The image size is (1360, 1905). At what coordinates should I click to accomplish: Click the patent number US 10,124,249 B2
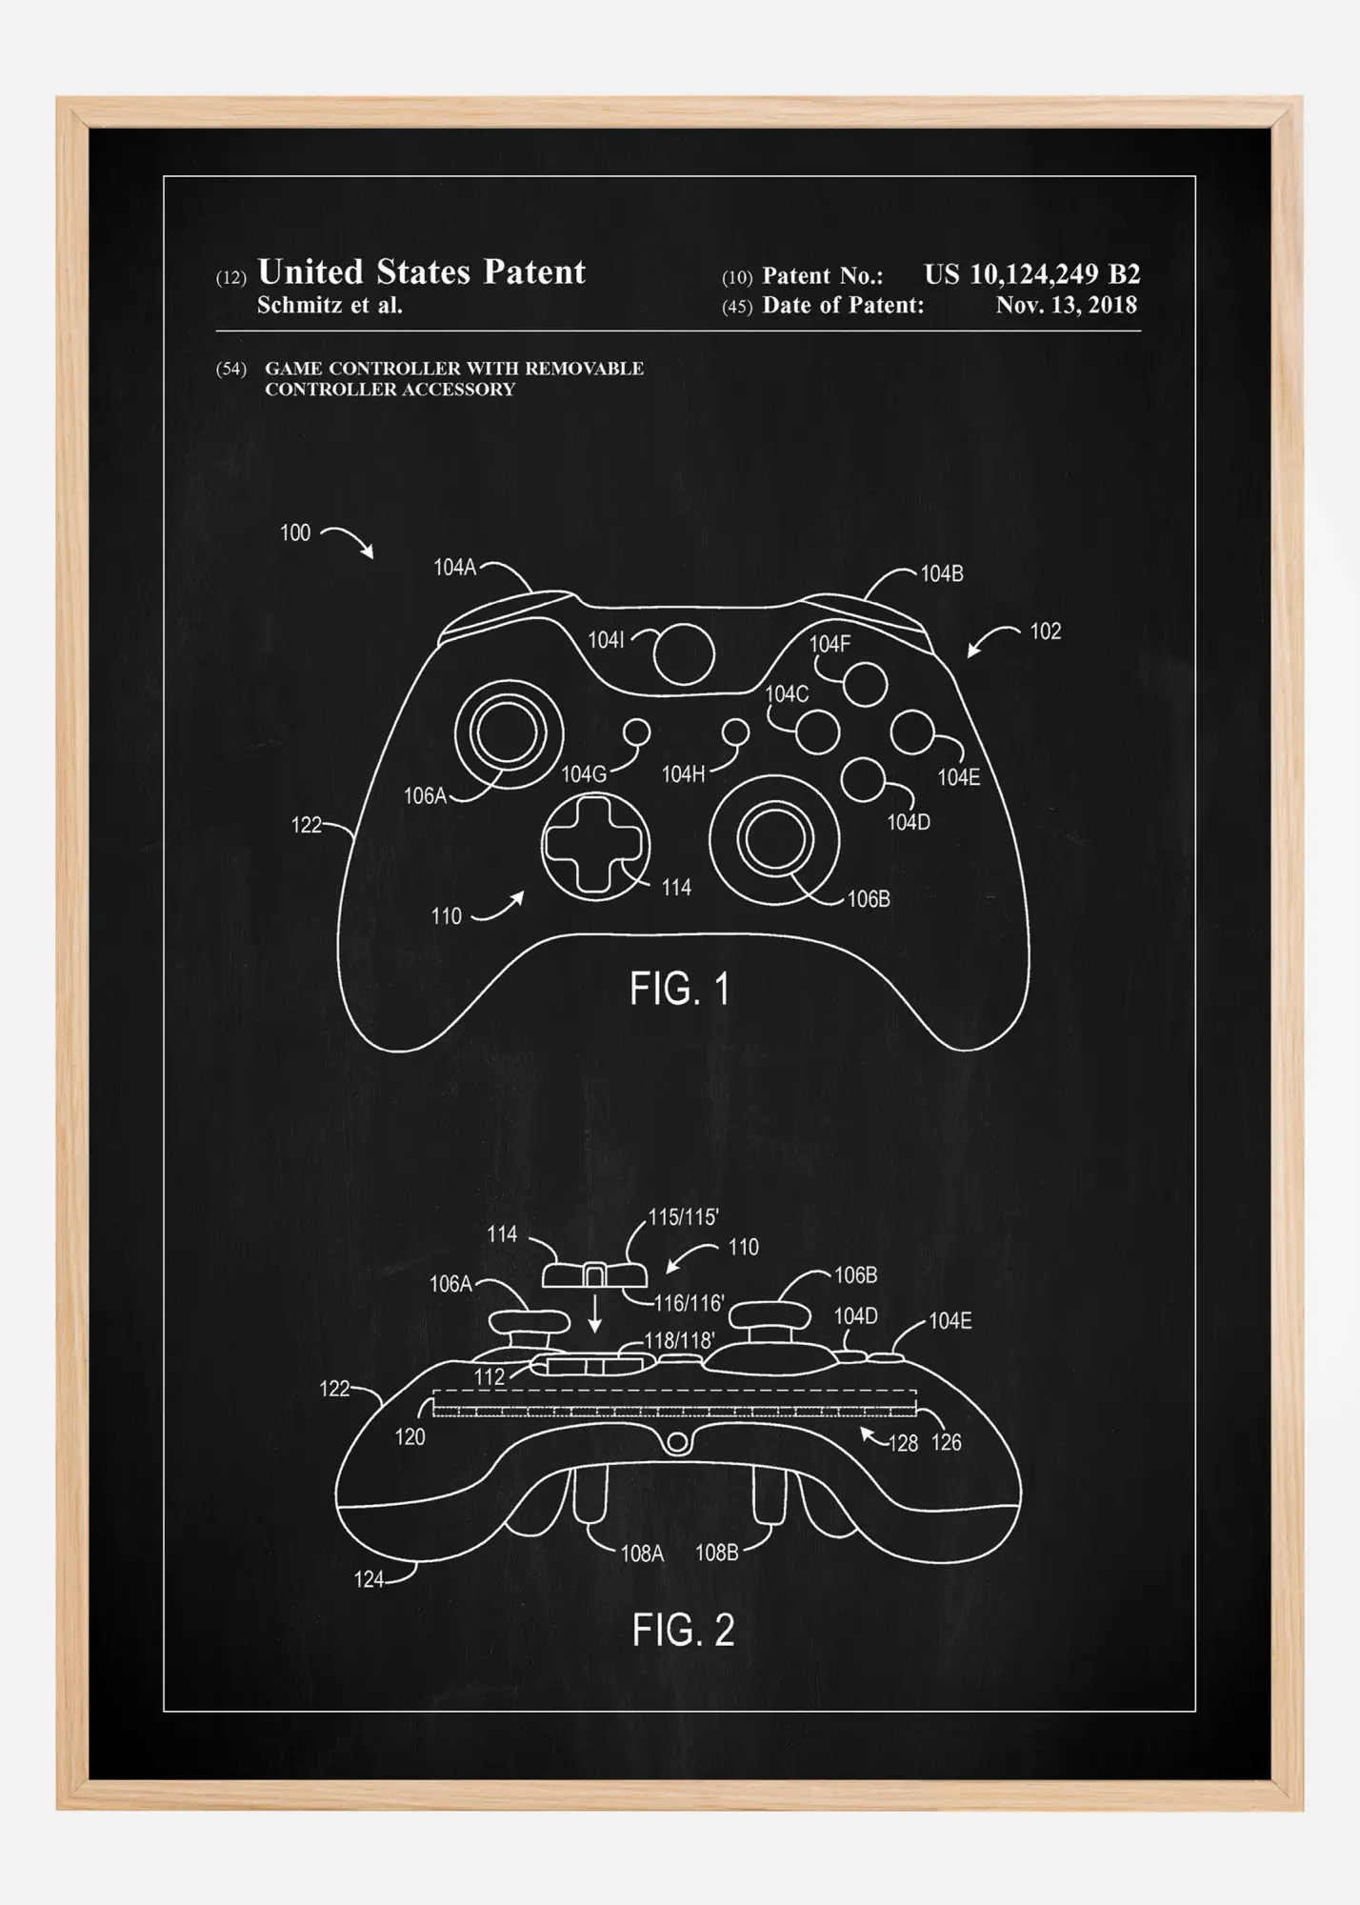(x=1032, y=274)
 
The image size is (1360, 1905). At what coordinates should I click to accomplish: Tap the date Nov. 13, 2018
(x=1067, y=305)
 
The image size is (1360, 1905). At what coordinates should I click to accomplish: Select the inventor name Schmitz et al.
(x=330, y=306)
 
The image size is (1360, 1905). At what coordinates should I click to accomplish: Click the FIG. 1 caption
(x=679, y=989)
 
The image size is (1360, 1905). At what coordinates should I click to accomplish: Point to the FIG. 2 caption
(x=683, y=1630)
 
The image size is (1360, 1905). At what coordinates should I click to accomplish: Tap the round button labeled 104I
(x=684, y=653)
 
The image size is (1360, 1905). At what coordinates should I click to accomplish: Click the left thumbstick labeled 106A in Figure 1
(x=509, y=733)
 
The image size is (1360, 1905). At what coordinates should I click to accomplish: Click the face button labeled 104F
(x=866, y=684)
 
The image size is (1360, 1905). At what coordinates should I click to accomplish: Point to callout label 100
(x=295, y=532)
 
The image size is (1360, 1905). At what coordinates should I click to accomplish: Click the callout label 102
(x=1045, y=632)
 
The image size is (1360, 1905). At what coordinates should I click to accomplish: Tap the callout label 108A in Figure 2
(x=642, y=1554)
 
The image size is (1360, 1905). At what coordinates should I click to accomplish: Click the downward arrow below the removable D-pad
(x=595, y=1313)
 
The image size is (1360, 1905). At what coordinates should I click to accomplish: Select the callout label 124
(x=369, y=1579)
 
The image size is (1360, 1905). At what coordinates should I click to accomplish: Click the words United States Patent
(x=422, y=272)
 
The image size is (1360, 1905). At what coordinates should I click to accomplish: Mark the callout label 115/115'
(x=683, y=1217)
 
